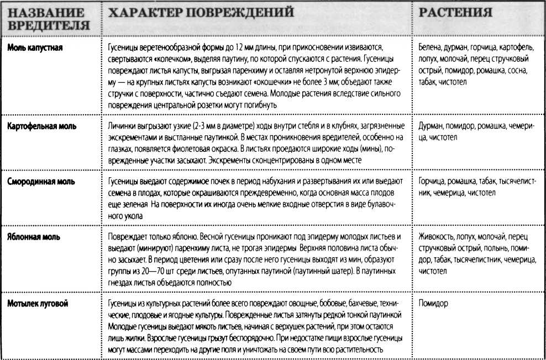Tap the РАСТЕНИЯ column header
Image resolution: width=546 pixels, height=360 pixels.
(x=456, y=12)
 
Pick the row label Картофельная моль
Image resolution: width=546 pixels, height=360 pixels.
(x=42, y=126)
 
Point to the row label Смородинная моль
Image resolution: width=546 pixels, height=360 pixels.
(x=41, y=181)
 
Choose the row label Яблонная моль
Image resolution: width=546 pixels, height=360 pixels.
(x=34, y=237)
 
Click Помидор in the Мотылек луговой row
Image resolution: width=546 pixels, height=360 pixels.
(x=434, y=303)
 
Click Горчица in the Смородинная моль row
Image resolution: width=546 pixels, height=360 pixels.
(x=433, y=181)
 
